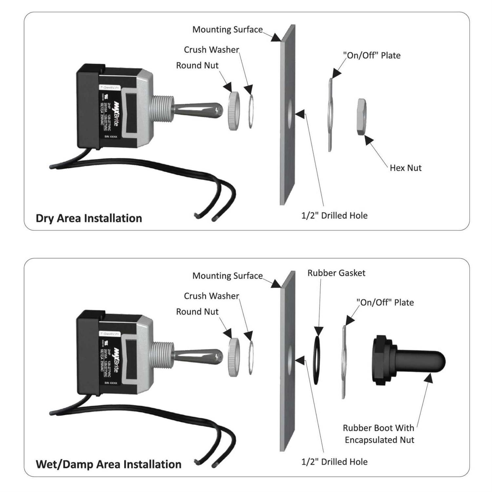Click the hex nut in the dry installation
pos(362,117)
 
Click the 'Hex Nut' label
pos(405,168)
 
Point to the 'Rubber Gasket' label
pos(336,273)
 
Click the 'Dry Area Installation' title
pos(89,218)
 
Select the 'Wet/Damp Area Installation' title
pos(108,464)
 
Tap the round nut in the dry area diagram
pos(234,112)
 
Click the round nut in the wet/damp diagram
pos(234,357)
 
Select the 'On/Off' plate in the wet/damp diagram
pos(344,361)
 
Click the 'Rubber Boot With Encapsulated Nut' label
pos(379,434)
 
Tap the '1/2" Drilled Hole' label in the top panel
pos(334,215)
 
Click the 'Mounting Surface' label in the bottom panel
pos(227,276)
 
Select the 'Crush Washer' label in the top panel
pos(211,50)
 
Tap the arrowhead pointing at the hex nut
pos(368,140)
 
